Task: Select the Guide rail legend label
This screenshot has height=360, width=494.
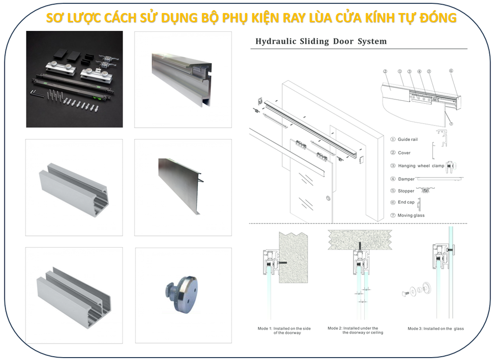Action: [408, 139]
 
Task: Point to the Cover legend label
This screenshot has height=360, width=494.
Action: [404, 153]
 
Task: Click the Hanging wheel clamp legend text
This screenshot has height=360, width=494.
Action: [421, 166]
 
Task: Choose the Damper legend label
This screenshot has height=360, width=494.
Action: [406, 179]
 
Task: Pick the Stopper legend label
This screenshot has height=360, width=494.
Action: [406, 191]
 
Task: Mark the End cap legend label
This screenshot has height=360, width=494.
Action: [406, 203]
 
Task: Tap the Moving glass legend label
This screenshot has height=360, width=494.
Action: [411, 215]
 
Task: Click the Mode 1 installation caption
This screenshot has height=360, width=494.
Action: [284, 331]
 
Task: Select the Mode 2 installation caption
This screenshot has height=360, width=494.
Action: [355, 330]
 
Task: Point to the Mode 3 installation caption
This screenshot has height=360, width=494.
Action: [436, 329]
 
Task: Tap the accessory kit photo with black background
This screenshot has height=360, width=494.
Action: [74, 79]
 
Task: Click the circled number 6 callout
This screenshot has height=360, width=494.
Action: [451, 71]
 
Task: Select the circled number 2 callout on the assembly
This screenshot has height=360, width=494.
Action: [385, 71]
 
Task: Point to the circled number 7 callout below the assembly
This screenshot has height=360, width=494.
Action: [451, 124]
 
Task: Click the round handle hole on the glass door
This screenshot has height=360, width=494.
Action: [328, 198]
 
